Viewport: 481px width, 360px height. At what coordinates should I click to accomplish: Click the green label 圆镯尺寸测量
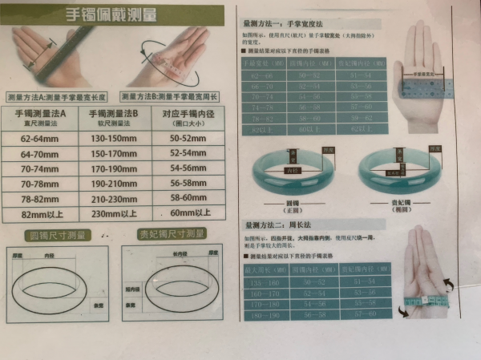[55, 235]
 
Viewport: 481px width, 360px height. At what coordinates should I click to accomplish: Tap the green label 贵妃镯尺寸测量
[173, 235]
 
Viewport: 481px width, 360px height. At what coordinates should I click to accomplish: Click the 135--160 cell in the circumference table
[265, 282]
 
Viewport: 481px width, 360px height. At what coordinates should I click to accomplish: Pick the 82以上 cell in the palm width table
[264, 128]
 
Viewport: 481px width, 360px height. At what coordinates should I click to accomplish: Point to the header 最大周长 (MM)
[265, 267]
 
